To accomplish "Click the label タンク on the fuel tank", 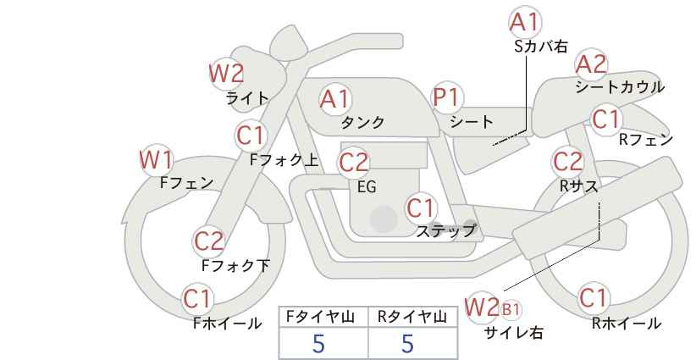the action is [x=362, y=122].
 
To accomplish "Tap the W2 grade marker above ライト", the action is [x=226, y=73].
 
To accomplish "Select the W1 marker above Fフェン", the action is [x=156, y=160].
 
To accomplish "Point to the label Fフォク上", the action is [x=284, y=159].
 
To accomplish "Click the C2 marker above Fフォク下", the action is [x=208, y=242].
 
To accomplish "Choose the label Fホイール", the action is [x=227, y=324].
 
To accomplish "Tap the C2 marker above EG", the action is [x=354, y=163].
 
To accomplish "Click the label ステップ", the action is [x=445, y=231].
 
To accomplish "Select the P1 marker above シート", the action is [x=447, y=97].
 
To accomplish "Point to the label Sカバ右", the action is [x=541, y=47].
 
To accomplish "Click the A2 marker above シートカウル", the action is [x=591, y=64].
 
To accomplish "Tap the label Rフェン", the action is [x=646, y=140].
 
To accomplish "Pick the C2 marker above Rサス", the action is [x=567, y=162].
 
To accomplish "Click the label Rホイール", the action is [x=627, y=324].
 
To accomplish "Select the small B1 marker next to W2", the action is [x=510, y=309].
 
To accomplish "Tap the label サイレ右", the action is [x=514, y=333].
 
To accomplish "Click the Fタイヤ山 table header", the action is [x=320, y=317].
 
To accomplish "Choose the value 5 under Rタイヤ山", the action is [x=407, y=343].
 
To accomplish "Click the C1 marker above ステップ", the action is [x=421, y=208].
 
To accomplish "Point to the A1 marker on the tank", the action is [x=334, y=99].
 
